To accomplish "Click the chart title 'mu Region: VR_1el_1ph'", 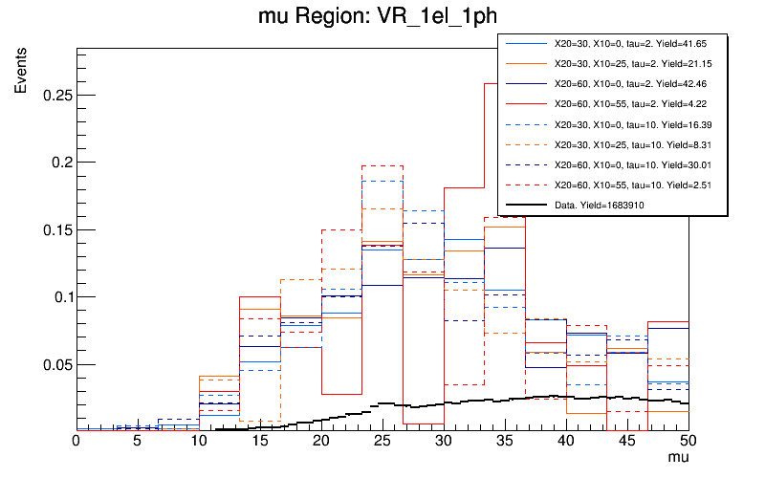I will tap(382, 16).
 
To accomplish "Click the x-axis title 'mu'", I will tap(677, 459).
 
